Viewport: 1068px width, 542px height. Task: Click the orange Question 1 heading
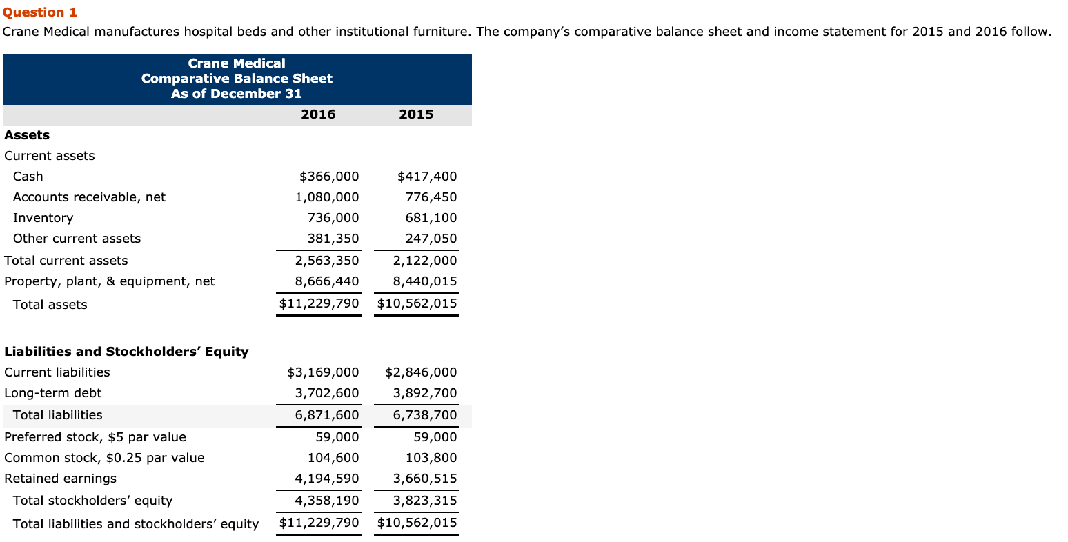click(40, 12)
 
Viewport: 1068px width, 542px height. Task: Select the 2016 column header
click(318, 114)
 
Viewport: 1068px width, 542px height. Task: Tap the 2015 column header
click(416, 114)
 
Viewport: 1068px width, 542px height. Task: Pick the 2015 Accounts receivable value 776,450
click(431, 197)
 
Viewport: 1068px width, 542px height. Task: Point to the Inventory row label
click(43, 218)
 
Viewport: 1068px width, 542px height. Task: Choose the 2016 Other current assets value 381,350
click(333, 239)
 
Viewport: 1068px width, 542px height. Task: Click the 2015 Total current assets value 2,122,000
click(425, 261)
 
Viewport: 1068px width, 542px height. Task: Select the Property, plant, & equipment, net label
click(109, 281)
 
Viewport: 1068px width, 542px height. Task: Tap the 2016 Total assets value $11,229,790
click(319, 303)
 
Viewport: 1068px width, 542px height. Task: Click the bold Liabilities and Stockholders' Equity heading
click(126, 352)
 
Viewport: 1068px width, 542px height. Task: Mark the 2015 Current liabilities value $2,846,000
click(421, 372)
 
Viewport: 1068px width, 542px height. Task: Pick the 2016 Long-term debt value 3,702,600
click(327, 393)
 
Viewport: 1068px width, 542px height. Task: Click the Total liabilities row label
click(57, 415)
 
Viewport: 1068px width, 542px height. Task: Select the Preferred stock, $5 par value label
click(95, 437)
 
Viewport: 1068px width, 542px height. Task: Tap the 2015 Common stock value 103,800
click(431, 458)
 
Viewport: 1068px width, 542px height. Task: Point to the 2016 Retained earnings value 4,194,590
click(327, 479)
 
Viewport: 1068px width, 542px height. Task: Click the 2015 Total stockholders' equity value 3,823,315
click(425, 501)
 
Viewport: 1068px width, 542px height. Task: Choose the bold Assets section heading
click(27, 135)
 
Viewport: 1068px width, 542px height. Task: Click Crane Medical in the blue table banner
click(237, 63)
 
